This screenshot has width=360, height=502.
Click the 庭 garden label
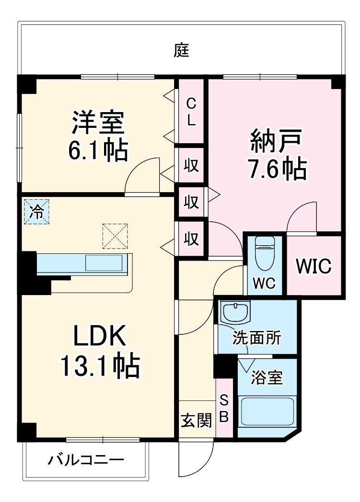182,50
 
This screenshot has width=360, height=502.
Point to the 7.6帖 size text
277,168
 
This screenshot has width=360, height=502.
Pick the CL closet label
191,112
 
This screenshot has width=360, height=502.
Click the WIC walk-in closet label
313,267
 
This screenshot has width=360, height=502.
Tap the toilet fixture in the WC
264,254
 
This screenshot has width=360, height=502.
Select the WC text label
264,283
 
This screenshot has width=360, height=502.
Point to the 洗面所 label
257,338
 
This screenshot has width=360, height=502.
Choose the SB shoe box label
223,408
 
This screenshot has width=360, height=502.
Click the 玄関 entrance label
196,421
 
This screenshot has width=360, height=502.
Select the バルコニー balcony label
86,461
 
